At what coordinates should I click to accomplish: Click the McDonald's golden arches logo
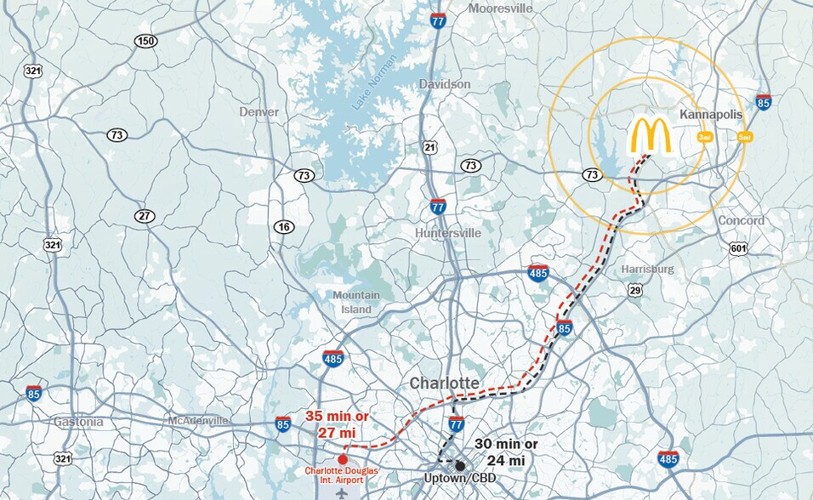pos(651,136)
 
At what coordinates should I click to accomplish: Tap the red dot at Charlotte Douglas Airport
pos(343,459)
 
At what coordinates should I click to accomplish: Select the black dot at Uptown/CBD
pos(460,465)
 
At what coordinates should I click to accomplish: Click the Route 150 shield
pos(145,42)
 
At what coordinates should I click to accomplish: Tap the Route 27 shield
pos(145,216)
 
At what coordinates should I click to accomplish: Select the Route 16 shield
pos(283,226)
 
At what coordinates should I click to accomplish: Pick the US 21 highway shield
pos(430,148)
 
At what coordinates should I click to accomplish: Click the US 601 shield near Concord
pos(739,248)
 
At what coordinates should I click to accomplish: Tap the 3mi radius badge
pos(704,137)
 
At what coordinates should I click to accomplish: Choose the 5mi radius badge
pos(745,137)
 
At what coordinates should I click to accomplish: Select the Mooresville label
pos(500,9)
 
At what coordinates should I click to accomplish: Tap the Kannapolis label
pos(712,114)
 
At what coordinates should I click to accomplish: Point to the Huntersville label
pos(448,233)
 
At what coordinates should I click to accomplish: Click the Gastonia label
pos(78,422)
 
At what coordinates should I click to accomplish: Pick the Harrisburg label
pos(647,269)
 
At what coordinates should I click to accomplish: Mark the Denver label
pos(259,112)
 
